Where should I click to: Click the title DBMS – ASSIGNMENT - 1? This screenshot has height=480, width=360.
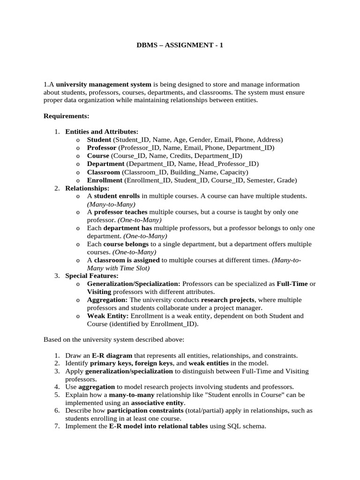click(x=180, y=45)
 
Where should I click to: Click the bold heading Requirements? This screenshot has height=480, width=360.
click(x=66, y=116)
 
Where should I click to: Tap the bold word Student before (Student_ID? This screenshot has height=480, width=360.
click(x=99, y=140)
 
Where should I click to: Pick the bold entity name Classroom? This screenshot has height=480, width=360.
click(x=103, y=172)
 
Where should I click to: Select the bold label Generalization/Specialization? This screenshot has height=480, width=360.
click(x=134, y=284)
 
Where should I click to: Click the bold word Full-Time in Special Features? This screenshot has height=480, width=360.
click(x=293, y=284)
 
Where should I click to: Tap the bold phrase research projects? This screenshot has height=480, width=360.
click(x=228, y=300)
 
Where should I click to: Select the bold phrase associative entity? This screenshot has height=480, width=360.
click(x=157, y=403)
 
